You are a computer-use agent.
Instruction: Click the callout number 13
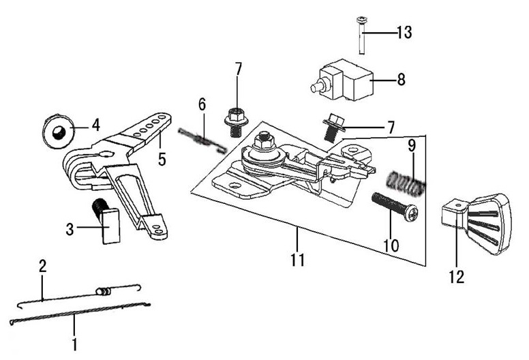pyautogui.click(x=404, y=32)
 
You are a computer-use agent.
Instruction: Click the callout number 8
pyautogui.click(x=401, y=80)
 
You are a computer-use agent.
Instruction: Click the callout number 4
pyautogui.click(x=95, y=125)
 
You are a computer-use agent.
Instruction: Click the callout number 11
pyautogui.click(x=297, y=260)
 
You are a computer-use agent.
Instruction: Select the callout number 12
pyautogui.click(x=456, y=277)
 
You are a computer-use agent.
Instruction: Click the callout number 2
pyautogui.click(x=42, y=266)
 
